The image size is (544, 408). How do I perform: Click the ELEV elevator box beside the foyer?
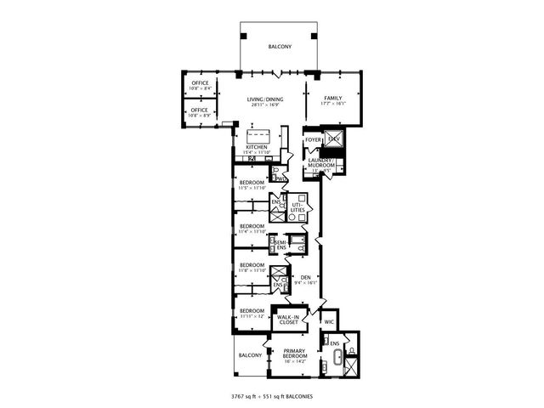pos(334,139)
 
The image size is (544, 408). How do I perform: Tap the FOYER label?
pos(314,139)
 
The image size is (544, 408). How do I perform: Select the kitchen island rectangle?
pos(258,135)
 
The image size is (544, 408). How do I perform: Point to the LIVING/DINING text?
pos(264,99)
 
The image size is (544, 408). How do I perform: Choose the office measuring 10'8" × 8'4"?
pos(200,85)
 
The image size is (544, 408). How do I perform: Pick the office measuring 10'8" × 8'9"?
pos(200,112)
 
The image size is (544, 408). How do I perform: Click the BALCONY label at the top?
pos(280,47)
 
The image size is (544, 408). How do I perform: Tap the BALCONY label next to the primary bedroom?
pos(250,354)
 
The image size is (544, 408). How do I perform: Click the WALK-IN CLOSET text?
pos(287,321)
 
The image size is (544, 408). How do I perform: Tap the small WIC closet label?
pos(329,322)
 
